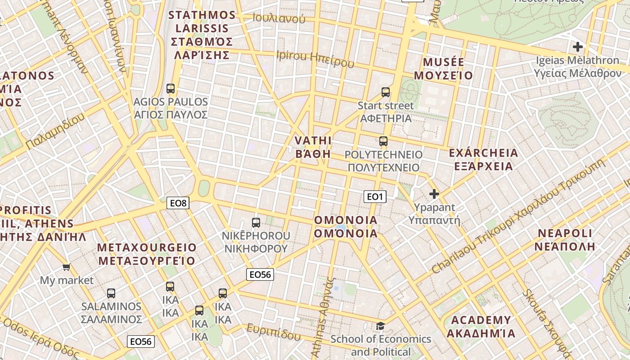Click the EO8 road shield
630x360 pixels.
[x=178, y=203]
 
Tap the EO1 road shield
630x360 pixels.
[x=375, y=197]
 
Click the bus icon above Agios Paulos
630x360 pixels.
[x=171, y=88]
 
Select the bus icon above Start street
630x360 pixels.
[x=386, y=92]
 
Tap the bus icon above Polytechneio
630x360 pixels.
[x=383, y=141]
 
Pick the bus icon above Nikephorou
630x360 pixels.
[x=256, y=222]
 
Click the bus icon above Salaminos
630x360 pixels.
[x=111, y=293]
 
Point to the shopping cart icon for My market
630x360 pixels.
[x=67, y=267]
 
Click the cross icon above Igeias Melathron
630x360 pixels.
[x=578, y=47]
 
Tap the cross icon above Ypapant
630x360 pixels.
[x=434, y=194]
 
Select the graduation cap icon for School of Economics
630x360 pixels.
[x=381, y=326]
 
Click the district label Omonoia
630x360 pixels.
[x=346, y=227]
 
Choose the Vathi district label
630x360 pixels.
[x=313, y=147]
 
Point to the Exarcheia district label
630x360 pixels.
[x=483, y=160]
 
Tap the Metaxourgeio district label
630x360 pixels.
[x=147, y=254]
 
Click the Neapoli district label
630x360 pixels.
[x=565, y=240]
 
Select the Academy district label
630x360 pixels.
[x=481, y=327]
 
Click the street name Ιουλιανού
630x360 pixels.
[x=279, y=18]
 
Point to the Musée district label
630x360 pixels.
[x=444, y=68]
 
